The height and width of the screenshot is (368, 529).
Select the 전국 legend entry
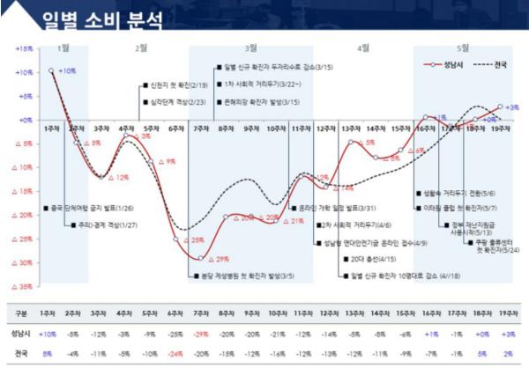499,66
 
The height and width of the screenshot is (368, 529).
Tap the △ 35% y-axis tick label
23,287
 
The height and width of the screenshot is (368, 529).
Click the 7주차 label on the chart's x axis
200,128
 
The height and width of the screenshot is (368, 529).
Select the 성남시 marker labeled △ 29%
201,258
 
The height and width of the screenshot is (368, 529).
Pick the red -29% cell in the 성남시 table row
200,334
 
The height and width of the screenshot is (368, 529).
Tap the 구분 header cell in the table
22,313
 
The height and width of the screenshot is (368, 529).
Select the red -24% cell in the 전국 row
175,352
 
